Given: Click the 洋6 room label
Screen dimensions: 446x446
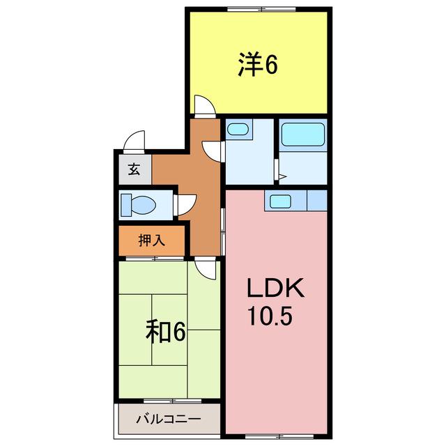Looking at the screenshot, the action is pyautogui.click(x=258, y=64).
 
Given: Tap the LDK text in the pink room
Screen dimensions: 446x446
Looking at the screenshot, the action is pyautogui.click(x=276, y=288).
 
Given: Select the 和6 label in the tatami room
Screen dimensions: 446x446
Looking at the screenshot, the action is pyautogui.click(x=166, y=331).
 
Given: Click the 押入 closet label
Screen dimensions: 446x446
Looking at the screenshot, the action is pyautogui.click(x=152, y=240).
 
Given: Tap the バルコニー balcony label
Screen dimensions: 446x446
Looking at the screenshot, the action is pyautogui.click(x=169, y=419).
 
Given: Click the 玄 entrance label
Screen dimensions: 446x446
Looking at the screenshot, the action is pyautogui.click(x=134, y=169).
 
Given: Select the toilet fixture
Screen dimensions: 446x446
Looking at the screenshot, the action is pyautogui.click(x=138, y=204).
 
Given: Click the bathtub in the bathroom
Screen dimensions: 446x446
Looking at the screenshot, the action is pyautogui.click(x=303, y=134).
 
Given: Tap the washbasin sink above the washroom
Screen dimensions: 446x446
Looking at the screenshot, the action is pyautogui.click(x=238, y=129).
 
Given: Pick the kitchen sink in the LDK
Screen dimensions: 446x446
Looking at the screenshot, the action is pyautogui.click(x=280, y=201).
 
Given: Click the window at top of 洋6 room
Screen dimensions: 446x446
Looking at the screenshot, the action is pyautogui.click(x=261, y=9).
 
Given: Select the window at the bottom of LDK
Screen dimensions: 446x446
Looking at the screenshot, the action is pyautogui.click(x=279, y=436).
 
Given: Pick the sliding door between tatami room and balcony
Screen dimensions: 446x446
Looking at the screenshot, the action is pyautogui.click(x=172, y=401).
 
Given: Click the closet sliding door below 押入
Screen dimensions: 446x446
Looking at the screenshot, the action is pyautogui.click(x=155, y=259).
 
